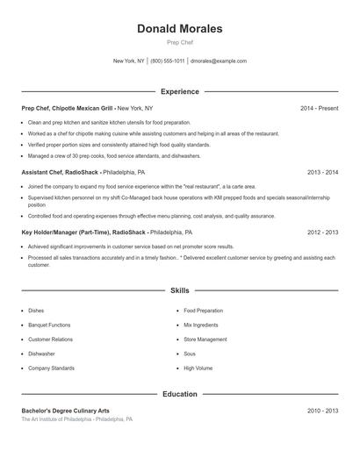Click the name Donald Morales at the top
pyautogui.click(x=179, y=29)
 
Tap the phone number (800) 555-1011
pyautogui.click(x=167, y=61)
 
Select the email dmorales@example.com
pyautogui.click(x=219, y=61)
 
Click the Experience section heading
pyautogui.click(x=179, y=91)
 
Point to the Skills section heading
pyautogui.click(x=179, y=290)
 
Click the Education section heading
pyautogui.click(x=179, y=395)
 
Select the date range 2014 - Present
pyautogui.click(x=319, y=108)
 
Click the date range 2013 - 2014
pyautogui.click(x=322, y=173)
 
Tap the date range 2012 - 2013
pyautogui.click(x=322, y=232)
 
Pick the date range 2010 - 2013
pyautogui.click(x=322, y=411)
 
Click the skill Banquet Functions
pyautogui.click(x=49, y=325)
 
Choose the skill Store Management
pyautogui.click(x=205, y=339)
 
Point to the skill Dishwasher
pyautogui.click(x=41, y=354)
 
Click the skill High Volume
pyautogui.click(x=198, y=368)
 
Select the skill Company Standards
pyautogui.click(x=51, y=368)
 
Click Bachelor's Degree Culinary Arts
pyautogui.click(x=66, y=411)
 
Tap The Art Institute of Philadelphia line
pyautogui.click(x=77, y=419)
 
